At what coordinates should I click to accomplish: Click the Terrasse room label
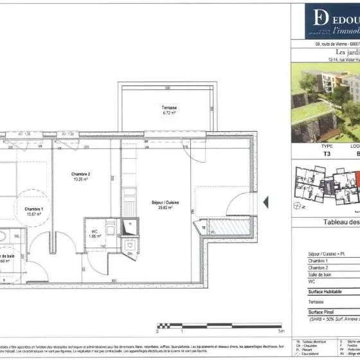[x=170, y=107]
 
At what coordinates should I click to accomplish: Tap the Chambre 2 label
[x=80, y=174]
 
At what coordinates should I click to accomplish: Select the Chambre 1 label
[x=33, y=210]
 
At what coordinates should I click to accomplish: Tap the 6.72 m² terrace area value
[x=170, y=113]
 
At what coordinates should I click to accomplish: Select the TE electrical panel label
[x=204, y=229]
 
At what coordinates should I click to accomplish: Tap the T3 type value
[x=309, y=154]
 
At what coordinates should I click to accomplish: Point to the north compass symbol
[x=297, y=206]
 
